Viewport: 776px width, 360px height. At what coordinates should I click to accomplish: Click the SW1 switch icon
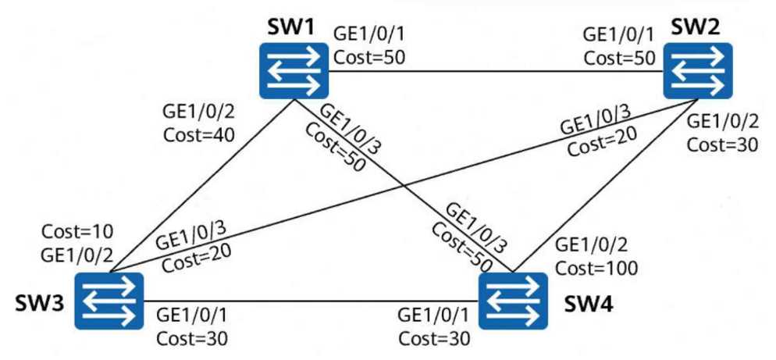[x=294, y=70]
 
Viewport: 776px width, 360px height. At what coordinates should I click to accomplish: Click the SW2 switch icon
[x=698, y=70]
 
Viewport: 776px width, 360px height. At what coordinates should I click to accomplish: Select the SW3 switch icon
[x=109, y=301]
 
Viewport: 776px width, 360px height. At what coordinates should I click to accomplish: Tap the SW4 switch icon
[x=513, y=301]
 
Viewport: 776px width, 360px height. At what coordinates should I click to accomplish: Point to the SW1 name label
[x=290, y=28]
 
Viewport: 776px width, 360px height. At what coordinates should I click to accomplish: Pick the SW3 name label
[x=39, y=303]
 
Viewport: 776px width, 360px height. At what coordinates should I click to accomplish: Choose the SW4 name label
[x=589, y=305]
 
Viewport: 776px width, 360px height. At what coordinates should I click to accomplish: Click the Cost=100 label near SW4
[x=596, y=268]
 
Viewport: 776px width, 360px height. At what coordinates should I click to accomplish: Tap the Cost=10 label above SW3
[x=78, y=231]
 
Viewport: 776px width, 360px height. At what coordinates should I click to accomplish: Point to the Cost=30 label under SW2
[x=723, y=144]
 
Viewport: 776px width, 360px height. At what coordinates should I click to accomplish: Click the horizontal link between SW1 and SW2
[x=496, y=71]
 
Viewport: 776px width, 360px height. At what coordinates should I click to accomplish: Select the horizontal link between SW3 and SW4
[x=311, y=301]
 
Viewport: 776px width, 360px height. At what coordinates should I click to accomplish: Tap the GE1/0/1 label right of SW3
[x=193, y=315]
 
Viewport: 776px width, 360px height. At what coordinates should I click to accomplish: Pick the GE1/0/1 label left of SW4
[x=434, y=315]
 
